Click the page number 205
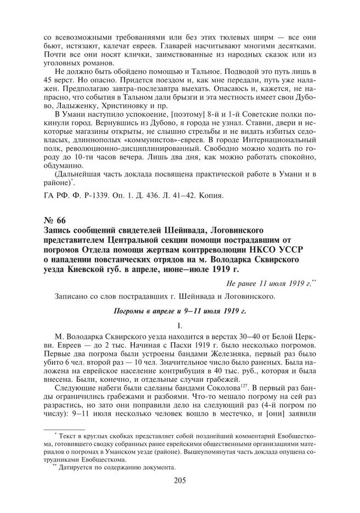click(x=180, y=481)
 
